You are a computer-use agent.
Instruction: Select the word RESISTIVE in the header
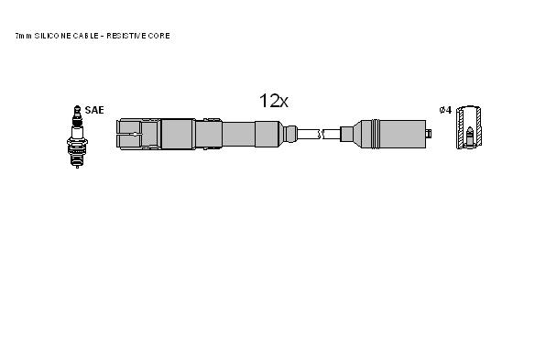coord(126,36)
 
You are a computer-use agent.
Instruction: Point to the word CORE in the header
coord(159,36)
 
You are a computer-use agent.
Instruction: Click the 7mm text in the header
coord(24,36)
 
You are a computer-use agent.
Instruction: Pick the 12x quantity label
coord(274,101)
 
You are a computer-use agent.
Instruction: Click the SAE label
coord(94,110)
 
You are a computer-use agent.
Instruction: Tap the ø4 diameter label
coord(445,110)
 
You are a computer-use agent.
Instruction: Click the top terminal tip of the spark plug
coord(78,108)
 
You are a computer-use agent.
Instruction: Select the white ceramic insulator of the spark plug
coord(78,132)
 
